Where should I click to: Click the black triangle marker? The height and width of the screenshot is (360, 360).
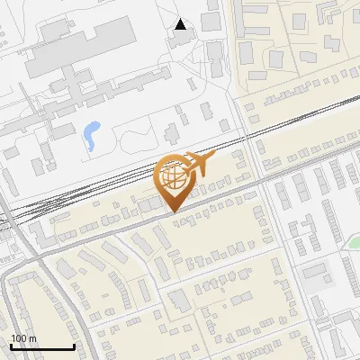[181, 24]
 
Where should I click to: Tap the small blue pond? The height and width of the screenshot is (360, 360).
[91, 135]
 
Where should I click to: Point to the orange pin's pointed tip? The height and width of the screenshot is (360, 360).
[173, 211]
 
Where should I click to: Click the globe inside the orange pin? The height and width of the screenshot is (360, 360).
[172, 176]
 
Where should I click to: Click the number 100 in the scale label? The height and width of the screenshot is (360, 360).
[19, 338]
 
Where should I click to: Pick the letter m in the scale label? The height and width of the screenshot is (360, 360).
[32, 338]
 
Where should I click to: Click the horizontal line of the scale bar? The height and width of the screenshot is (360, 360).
[41, 347]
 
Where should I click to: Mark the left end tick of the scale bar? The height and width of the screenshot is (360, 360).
[10, 346]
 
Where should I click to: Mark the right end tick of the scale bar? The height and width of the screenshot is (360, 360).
[73, 346]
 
